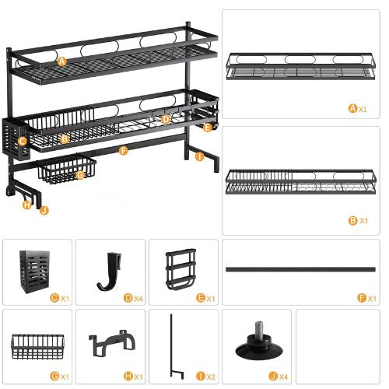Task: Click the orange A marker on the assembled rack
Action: (61, 60)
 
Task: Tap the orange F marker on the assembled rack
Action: (124, 150)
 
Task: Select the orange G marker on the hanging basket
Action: (80, 175)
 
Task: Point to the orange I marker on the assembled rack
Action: (199, 156)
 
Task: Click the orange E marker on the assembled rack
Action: (206, 127)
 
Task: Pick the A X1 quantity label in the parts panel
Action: (358, 107)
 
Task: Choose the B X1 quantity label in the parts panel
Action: (358, 220)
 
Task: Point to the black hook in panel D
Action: (110, 271)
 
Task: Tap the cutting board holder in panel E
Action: (181, 268)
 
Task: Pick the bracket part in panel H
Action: (109, 344)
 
